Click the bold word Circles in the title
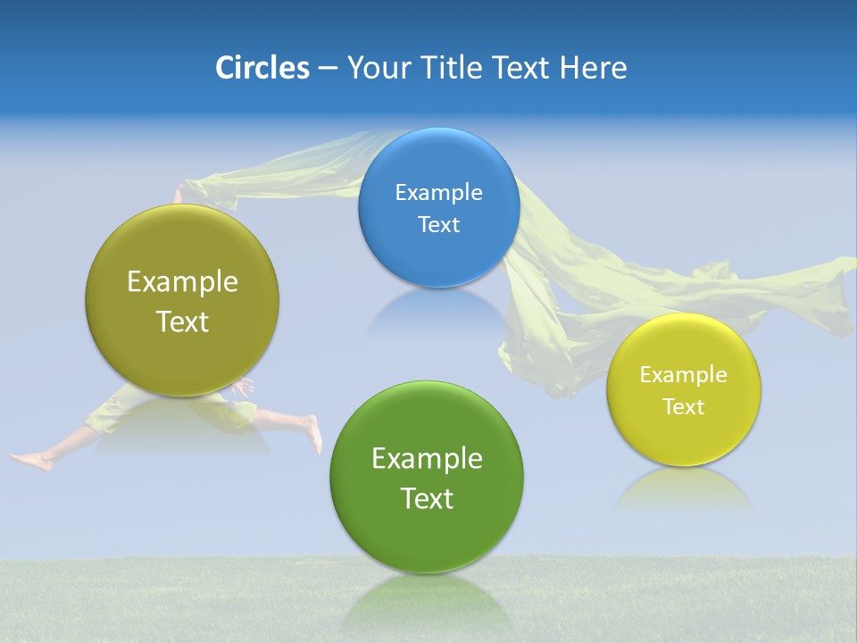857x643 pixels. click(262, 68)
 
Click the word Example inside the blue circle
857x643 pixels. click(438, 193)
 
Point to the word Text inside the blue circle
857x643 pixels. click(438, 225)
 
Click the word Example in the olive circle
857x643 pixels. click(182, 282)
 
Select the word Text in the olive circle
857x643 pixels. click(182, 321)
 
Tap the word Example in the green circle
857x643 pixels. click(427, 459)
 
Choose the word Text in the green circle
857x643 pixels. click(427, 498)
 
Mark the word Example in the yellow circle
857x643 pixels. click(683, 375)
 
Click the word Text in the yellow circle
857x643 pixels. click(683, 407)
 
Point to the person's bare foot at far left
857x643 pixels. click(32, 461)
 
